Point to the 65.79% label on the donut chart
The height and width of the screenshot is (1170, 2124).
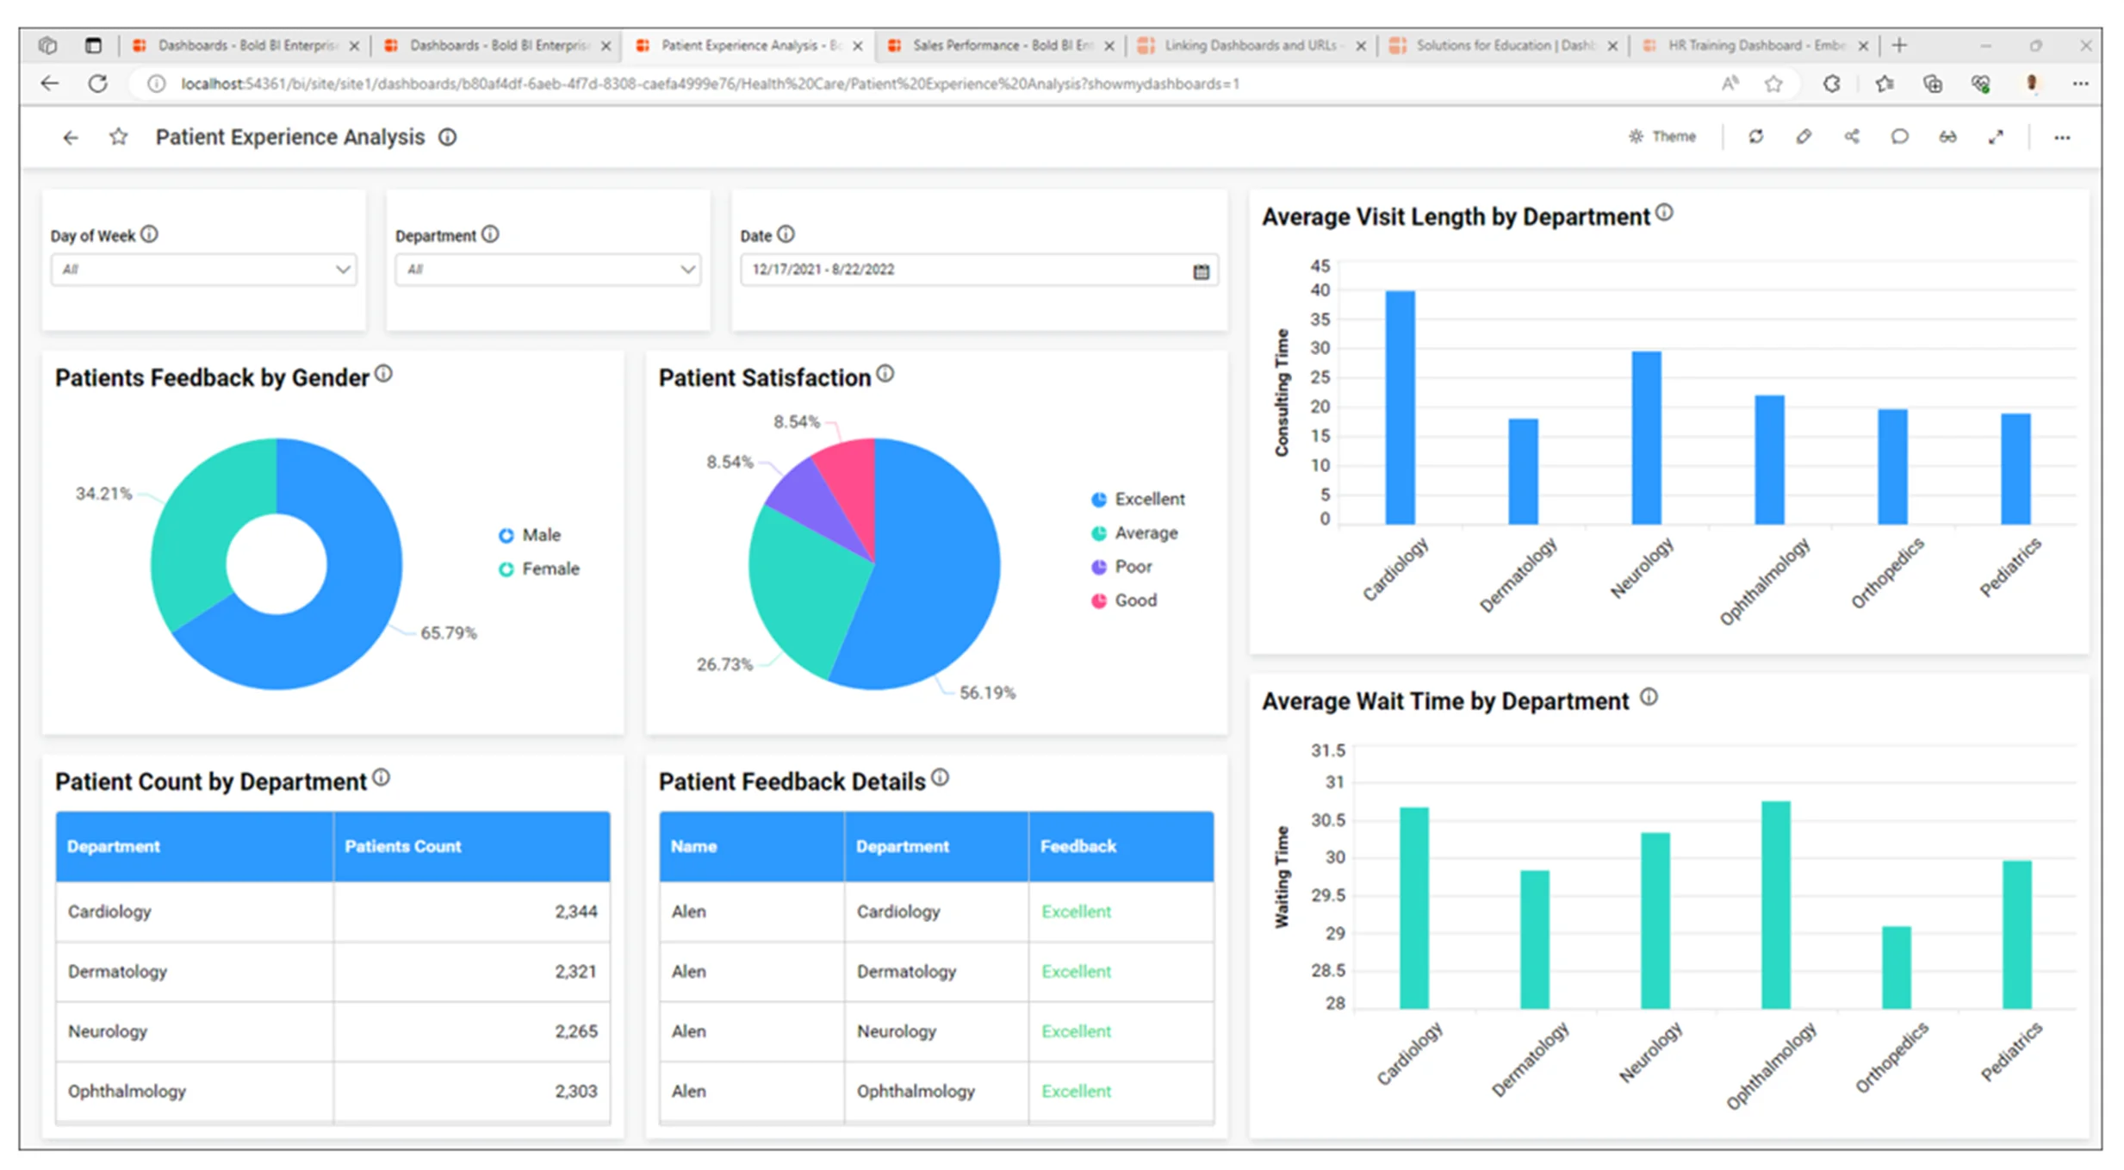click(448, 633)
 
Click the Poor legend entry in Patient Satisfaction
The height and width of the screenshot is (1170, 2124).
click(1132, 567)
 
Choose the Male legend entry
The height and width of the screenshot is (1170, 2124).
click(540, 535)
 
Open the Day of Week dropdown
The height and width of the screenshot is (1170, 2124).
click(203, 270)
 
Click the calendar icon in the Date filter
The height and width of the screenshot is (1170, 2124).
click(1201, 271)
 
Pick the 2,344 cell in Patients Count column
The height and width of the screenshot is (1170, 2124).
click(575, 912)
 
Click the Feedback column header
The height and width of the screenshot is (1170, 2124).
click(1078, 846)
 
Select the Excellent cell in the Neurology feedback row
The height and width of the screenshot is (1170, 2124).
click(1076, 1031)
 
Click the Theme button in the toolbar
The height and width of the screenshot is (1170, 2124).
click(1662, 137)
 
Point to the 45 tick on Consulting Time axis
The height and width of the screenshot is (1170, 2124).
click(1320, 265)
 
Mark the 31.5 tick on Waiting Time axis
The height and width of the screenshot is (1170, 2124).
click(1327, 750)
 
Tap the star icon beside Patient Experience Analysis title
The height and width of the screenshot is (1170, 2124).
click(119, 137)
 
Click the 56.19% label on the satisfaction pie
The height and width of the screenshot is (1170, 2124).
click(987, 693)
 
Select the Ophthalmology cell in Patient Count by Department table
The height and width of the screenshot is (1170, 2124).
click(127, 1091)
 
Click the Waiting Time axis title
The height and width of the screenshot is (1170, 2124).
click(1282, 876)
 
